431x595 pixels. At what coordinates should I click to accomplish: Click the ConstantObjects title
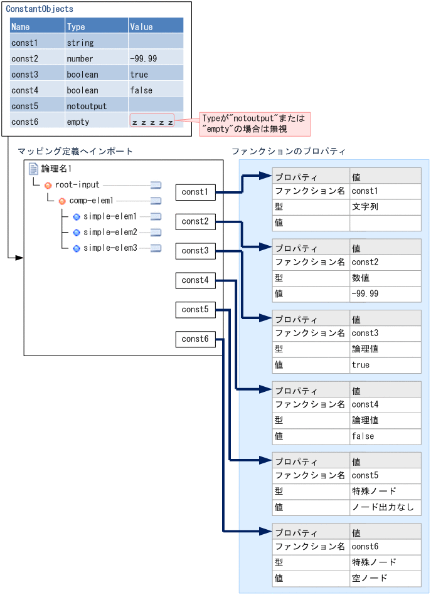click(40, 9)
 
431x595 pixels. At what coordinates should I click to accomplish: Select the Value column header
click(141, 27)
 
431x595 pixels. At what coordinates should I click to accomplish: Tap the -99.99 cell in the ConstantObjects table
click(144, 58)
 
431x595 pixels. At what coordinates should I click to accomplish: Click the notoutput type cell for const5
click(87, 106)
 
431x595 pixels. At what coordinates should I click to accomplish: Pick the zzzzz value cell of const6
click(152, 122)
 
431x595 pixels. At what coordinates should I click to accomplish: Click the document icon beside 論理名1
click(34, 169)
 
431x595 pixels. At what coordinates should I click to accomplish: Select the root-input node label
click(77, 185)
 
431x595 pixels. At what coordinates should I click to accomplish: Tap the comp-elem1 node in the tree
click(91, 201)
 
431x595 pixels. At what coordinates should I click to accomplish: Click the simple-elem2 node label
click(110, 232)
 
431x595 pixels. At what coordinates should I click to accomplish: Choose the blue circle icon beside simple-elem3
click(77, 248)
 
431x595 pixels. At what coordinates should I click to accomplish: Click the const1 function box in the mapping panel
click(195, 192)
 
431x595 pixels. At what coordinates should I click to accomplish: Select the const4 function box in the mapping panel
click(195, 280)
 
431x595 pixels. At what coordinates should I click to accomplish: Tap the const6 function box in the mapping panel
click(195, 339)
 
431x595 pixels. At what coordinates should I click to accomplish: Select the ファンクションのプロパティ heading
click(288, 152)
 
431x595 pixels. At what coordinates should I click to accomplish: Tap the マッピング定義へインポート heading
click(75, 152)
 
